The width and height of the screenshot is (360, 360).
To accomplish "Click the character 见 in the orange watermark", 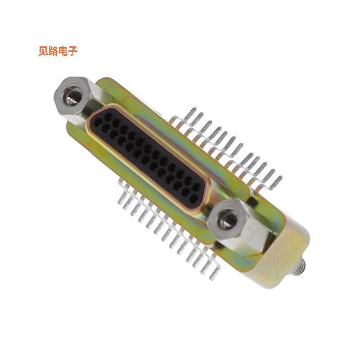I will pyautogui.click(x=44, y=51).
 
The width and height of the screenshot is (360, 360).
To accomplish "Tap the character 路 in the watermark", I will pyautogui.click(x=54, y=51).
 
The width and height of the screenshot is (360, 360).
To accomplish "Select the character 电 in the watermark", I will pyautogui.click(x=64, y=51).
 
